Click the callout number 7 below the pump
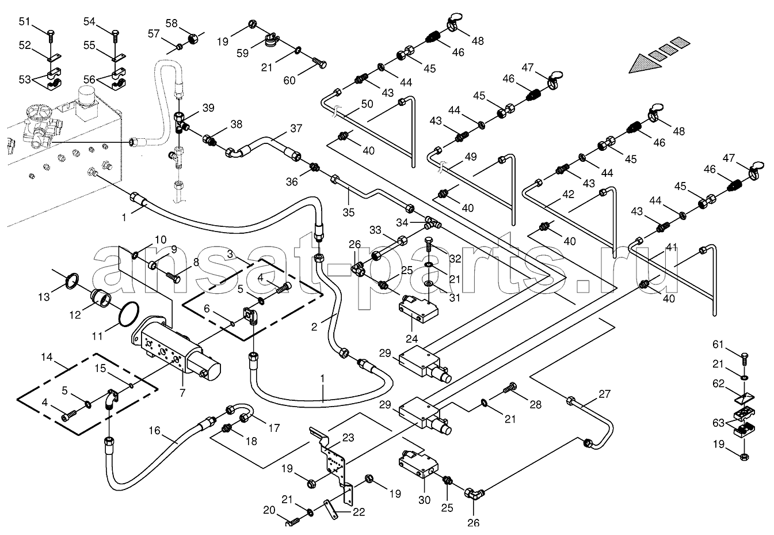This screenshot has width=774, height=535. click(182, 393)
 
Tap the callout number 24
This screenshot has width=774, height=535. click(411, 339)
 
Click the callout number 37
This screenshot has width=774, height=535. click(296, 128)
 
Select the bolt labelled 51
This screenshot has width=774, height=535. click(51, 35)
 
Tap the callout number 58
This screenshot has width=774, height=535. click(171, 23)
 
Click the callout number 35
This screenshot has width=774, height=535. click(348, 212)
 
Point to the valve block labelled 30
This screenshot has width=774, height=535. click(418, 464)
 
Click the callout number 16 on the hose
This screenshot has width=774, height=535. click(155, 430)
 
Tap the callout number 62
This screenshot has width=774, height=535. click(718, 384)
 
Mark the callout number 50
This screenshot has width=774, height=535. click(367, 104)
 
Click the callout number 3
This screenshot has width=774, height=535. click(230, 253)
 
